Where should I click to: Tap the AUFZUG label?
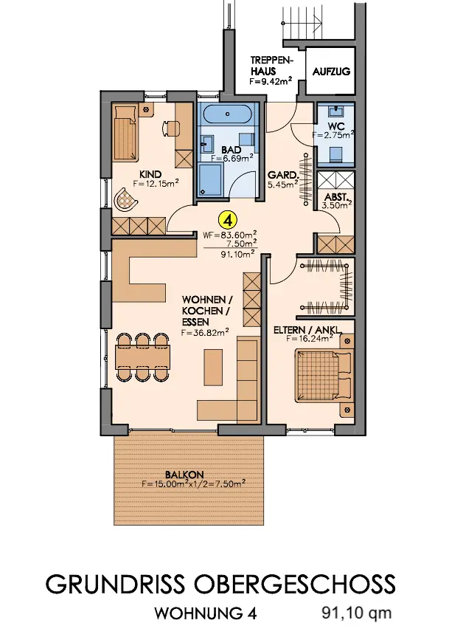pos(331,72)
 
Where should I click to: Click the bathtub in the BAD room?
pos(228,115)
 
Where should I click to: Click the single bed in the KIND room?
pos(126,132)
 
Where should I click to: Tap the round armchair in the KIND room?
pos(126,199)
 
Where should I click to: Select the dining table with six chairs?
pos(142,357)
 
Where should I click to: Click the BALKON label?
pos(184,475)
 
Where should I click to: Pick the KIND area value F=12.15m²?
pos(156,184)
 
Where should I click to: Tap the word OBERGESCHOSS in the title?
pos(295,584)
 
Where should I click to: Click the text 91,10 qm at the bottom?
pos(357,613)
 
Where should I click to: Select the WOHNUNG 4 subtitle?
pos(206,613)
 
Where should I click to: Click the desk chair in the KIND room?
pos(169,128)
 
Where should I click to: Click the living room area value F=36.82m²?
pos(205,333)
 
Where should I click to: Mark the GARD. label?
pos(282,176)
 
